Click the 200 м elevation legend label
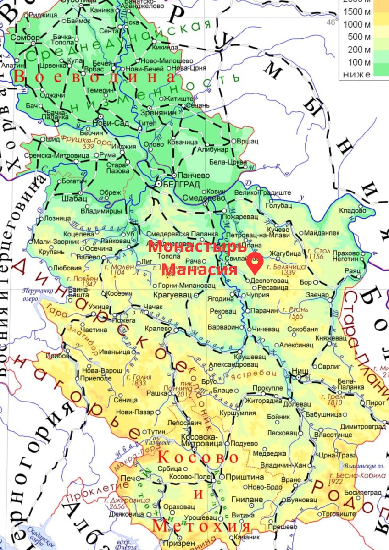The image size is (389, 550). tap(360, 49)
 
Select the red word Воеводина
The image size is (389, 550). tap(94, 77)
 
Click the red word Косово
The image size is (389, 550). tap(198, 458)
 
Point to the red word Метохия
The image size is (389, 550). tap(202, 526)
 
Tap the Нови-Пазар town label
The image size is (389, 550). tap(136, 412)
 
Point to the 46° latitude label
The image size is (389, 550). tap(332, 22)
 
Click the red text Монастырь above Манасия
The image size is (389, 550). tap(198, 246)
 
